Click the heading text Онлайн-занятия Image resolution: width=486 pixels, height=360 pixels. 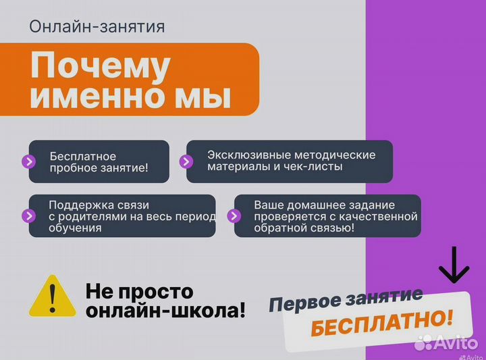coord(97,27)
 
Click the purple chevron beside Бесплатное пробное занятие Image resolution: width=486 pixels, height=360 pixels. coord(28,162)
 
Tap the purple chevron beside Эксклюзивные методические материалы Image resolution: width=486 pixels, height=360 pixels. coord(186,161)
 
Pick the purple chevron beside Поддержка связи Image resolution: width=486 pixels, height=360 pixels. coord(28,216)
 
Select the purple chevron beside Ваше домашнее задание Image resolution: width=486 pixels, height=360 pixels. coord(234,216)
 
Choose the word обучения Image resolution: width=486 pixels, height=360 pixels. coord(75,228)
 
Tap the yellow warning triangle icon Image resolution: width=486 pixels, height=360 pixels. coord(53,295)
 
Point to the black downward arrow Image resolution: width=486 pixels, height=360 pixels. coord(454,265)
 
